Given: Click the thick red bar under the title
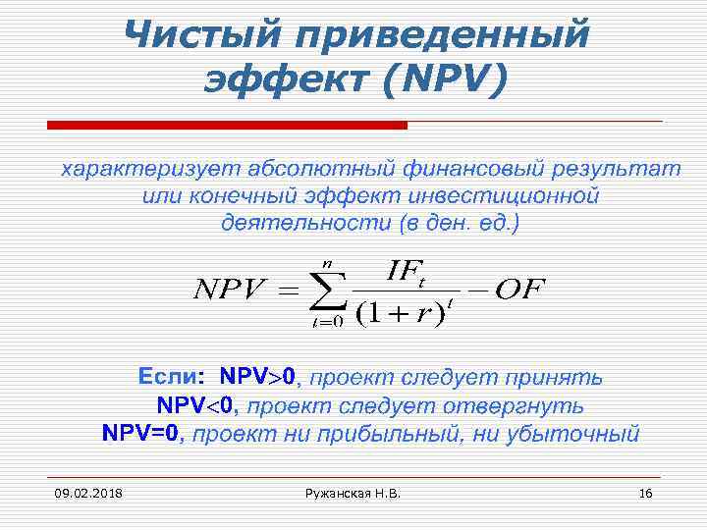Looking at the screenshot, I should pyautogui.click(x=227, y=125).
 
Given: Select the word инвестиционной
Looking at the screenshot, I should pyautogui.click(x=496, y=195).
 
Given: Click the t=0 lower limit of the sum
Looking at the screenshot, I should pyautogui.click(x=326, y=323).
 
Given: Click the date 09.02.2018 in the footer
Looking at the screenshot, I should pyautogui.click(x=82, y=493).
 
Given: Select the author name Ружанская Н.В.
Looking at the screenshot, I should pyautogui.click(x=353, y=493).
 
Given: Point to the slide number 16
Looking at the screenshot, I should pyautogui.click(x=645, y=493).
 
